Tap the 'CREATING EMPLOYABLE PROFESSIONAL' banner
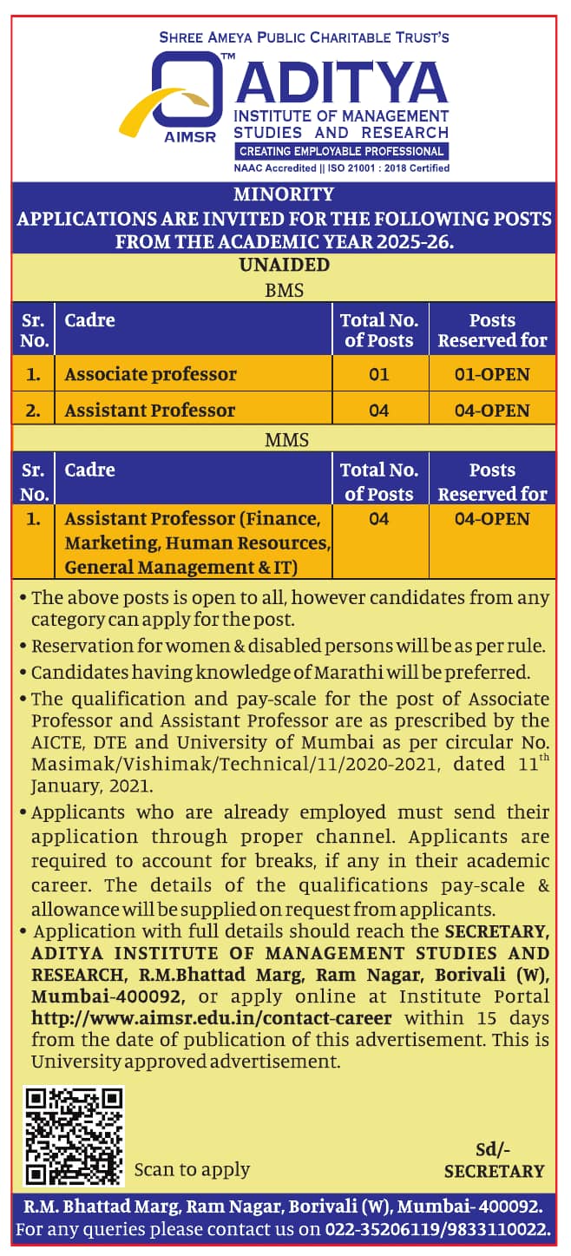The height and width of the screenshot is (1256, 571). (341, 151)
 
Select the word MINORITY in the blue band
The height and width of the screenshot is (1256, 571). (284, 194)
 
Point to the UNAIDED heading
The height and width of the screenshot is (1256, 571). (284, 265)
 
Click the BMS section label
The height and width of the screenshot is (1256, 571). (284, 291)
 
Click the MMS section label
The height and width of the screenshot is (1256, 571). (286, 441)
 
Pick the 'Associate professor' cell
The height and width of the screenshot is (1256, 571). (151, 374)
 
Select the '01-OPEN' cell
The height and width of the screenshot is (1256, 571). (492, 374)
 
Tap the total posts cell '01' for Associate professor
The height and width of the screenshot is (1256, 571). (379, 374)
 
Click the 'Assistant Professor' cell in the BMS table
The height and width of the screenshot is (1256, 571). (150, 410)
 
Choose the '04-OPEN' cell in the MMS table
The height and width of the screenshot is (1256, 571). (492, 519)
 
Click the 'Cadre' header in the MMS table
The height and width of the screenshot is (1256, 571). (90, 470)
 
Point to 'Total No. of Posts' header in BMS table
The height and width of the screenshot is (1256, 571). (379, 330)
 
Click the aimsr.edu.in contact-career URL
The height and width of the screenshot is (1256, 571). (212, 1018)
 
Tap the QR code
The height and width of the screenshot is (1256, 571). (74, 1135)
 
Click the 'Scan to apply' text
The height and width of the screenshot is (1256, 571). (192, 1169)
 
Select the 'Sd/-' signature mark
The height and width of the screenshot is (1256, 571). (492, 1150)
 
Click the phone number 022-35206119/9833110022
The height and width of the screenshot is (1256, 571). (438, 1229)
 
